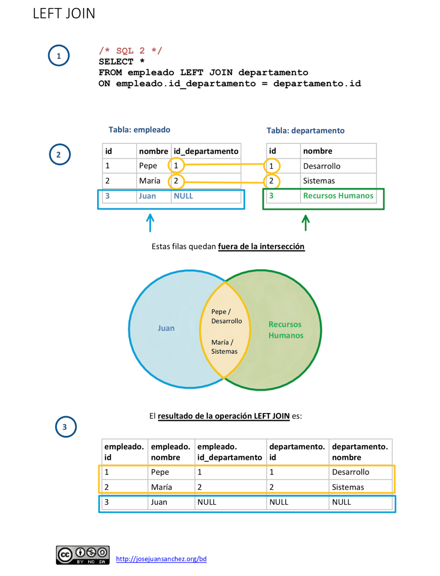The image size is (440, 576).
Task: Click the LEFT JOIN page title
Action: [64, 14]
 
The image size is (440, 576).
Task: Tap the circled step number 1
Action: [59, 56]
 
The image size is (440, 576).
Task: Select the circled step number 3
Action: [65, 427]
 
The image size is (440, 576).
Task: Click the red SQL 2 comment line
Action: [130, 51]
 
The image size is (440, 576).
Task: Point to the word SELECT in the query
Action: [116, 62]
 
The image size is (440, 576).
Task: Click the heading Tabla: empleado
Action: [139, 130]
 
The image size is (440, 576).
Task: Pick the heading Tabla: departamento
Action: [305, 131]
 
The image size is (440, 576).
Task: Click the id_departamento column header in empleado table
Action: [206, 151]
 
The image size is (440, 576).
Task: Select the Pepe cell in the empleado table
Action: [148, 166]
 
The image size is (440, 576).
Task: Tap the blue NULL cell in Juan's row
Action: [183, 196]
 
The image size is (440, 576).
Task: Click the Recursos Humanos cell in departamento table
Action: [338, 196]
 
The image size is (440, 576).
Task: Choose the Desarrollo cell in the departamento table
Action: [322, 166]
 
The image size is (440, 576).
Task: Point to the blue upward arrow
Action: [150, 223]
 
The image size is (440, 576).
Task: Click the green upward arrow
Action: [306, 223]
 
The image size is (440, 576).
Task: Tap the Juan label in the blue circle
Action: [166, 328]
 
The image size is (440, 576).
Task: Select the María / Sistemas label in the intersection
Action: [224, 347]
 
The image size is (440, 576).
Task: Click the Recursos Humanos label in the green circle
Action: [286, 330]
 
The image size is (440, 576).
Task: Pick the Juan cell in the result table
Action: [159, 502]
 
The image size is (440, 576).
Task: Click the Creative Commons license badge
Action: [83, 555]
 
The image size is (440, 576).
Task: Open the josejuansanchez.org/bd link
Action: [161, 559]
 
